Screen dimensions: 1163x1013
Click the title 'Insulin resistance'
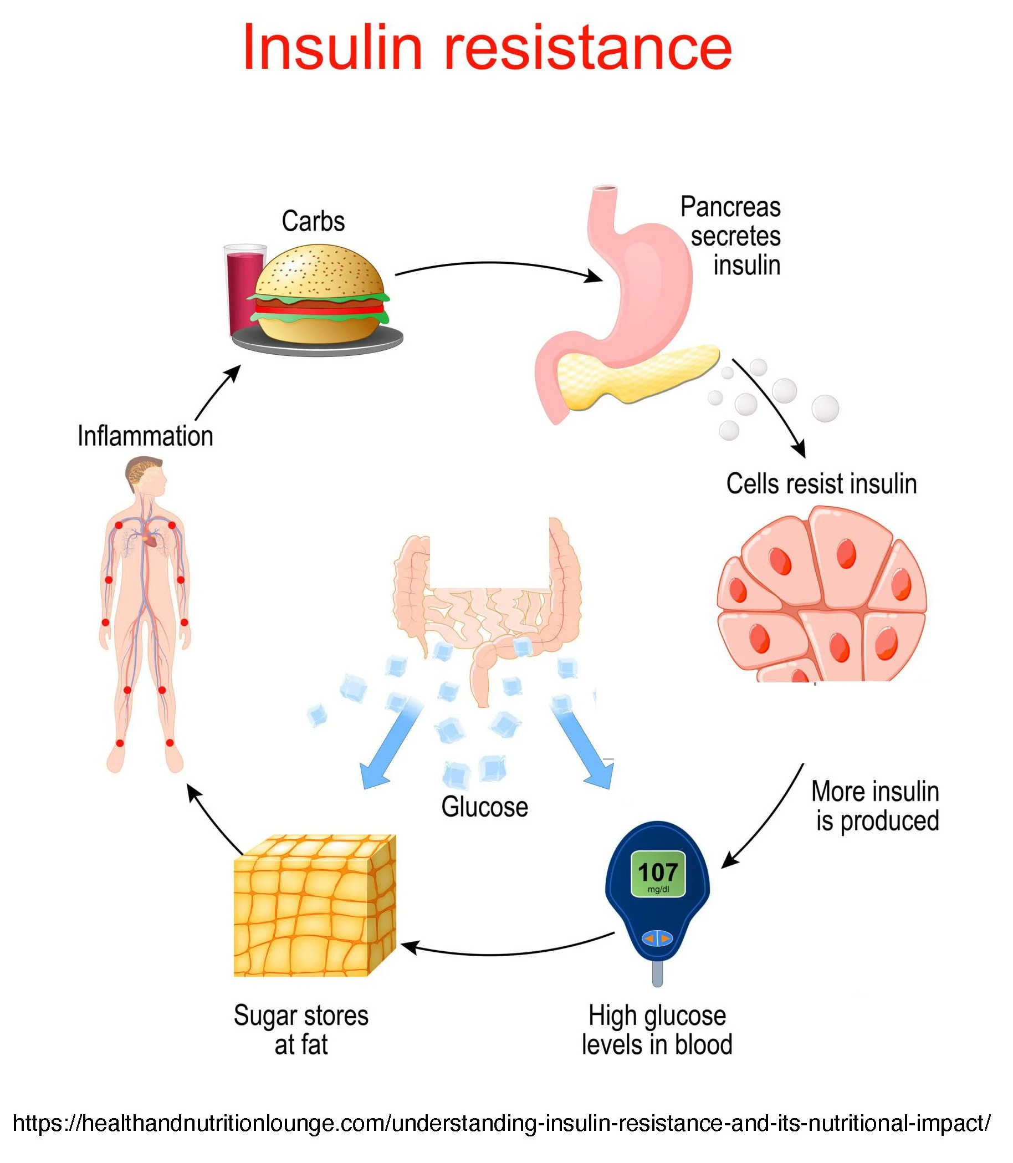coord(487,48)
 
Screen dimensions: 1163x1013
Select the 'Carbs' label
coord(313,221)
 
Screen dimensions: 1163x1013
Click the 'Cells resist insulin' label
coord(821,484)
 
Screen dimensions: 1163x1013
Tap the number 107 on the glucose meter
coord(657,873)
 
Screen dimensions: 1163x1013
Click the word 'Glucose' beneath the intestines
coord(484,807)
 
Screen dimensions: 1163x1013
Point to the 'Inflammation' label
coord(145,436)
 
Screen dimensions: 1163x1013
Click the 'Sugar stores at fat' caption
coord(301,1030)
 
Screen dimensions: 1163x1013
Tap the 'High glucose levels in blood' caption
coord(657,1030)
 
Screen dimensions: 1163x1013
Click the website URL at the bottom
coord(501,1123)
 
